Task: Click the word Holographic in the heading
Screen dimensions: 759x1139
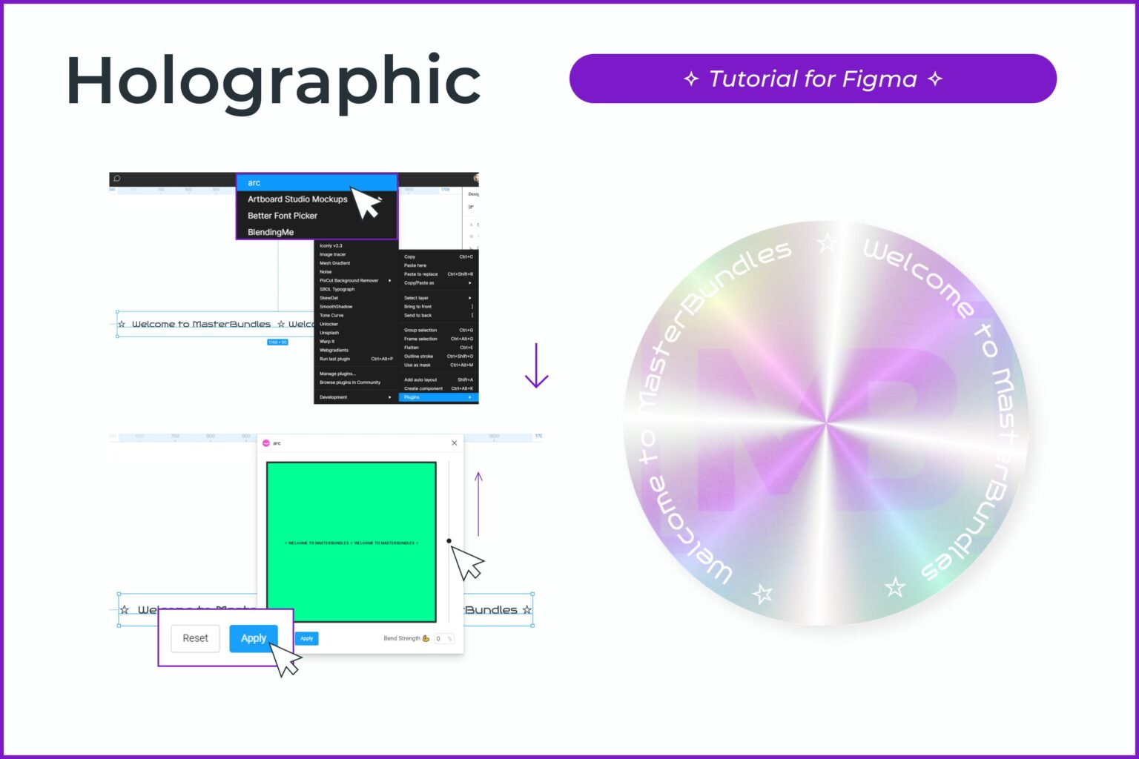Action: point(274,82)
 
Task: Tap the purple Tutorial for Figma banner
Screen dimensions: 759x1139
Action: point(813,79)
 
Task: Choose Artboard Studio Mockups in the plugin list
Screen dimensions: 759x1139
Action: point(297,199)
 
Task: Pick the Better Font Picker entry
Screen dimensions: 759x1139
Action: point(283,216)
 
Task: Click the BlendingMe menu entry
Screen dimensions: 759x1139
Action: point(271,232)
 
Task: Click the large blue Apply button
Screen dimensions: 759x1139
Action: point(253,638)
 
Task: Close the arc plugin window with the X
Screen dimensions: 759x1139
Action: point(455,443)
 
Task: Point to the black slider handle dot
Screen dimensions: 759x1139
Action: point(449,541)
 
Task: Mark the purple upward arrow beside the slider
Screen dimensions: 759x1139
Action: point(478,504)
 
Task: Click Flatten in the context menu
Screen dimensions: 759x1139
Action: point(412,348)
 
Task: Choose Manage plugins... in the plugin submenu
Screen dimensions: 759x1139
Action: point(337,374)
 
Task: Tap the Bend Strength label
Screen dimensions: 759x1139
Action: point(401,638)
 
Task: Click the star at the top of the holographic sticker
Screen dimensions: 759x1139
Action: point(827,242)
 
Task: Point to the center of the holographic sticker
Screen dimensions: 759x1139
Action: point(825,423)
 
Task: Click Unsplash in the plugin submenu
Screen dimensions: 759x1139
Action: point(329,333)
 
